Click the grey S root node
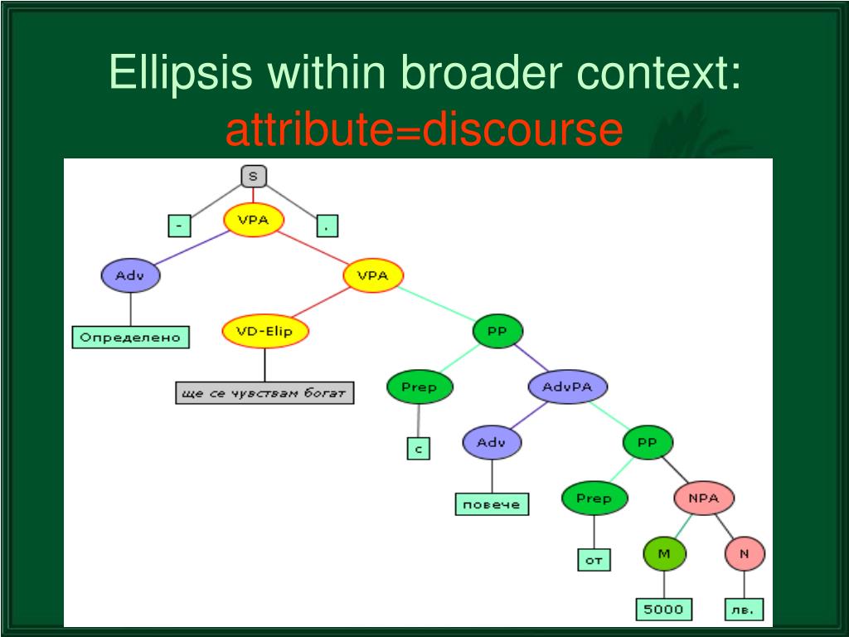point(254,176)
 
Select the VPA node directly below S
point(254,220)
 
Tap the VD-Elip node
point(264,332)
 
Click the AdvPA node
point(568,387)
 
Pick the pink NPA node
point(702,498)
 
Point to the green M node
point(665,553)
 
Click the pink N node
point(744,553)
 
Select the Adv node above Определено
point(130,275)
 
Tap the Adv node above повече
point(492,442)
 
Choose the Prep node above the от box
point(594,498)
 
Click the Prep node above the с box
point(419,387)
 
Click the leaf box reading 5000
point(664,610)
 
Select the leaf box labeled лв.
point(744,610)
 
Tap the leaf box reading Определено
point(130,338)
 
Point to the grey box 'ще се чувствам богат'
point(264,392)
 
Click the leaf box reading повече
point(492,504)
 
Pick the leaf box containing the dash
point(179,225)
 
